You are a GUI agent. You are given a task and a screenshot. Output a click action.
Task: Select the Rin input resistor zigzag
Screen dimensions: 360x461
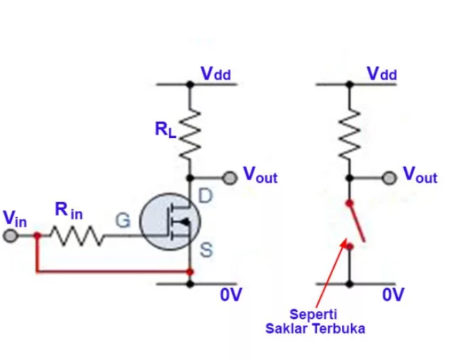click(77, 235)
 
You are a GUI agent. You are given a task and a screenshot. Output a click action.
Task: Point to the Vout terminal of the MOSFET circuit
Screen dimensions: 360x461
click(230, 177)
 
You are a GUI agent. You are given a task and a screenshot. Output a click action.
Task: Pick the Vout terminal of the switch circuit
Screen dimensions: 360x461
click(389, 177)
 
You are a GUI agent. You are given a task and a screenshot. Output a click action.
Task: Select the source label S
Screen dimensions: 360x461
click(205, 250)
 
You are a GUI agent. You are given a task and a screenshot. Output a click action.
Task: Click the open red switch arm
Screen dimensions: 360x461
click(356, 222)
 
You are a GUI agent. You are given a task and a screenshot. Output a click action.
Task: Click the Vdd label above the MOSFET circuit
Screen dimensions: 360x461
click(215, 74)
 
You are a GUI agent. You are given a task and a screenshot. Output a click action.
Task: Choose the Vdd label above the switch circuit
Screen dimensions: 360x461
click(382, 74)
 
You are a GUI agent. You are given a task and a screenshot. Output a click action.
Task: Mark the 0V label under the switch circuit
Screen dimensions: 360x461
click(393, 294)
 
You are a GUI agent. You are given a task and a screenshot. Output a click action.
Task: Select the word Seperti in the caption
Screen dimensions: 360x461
click(314, 314)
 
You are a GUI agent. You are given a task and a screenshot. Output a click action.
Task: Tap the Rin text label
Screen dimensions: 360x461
click(69, 210)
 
